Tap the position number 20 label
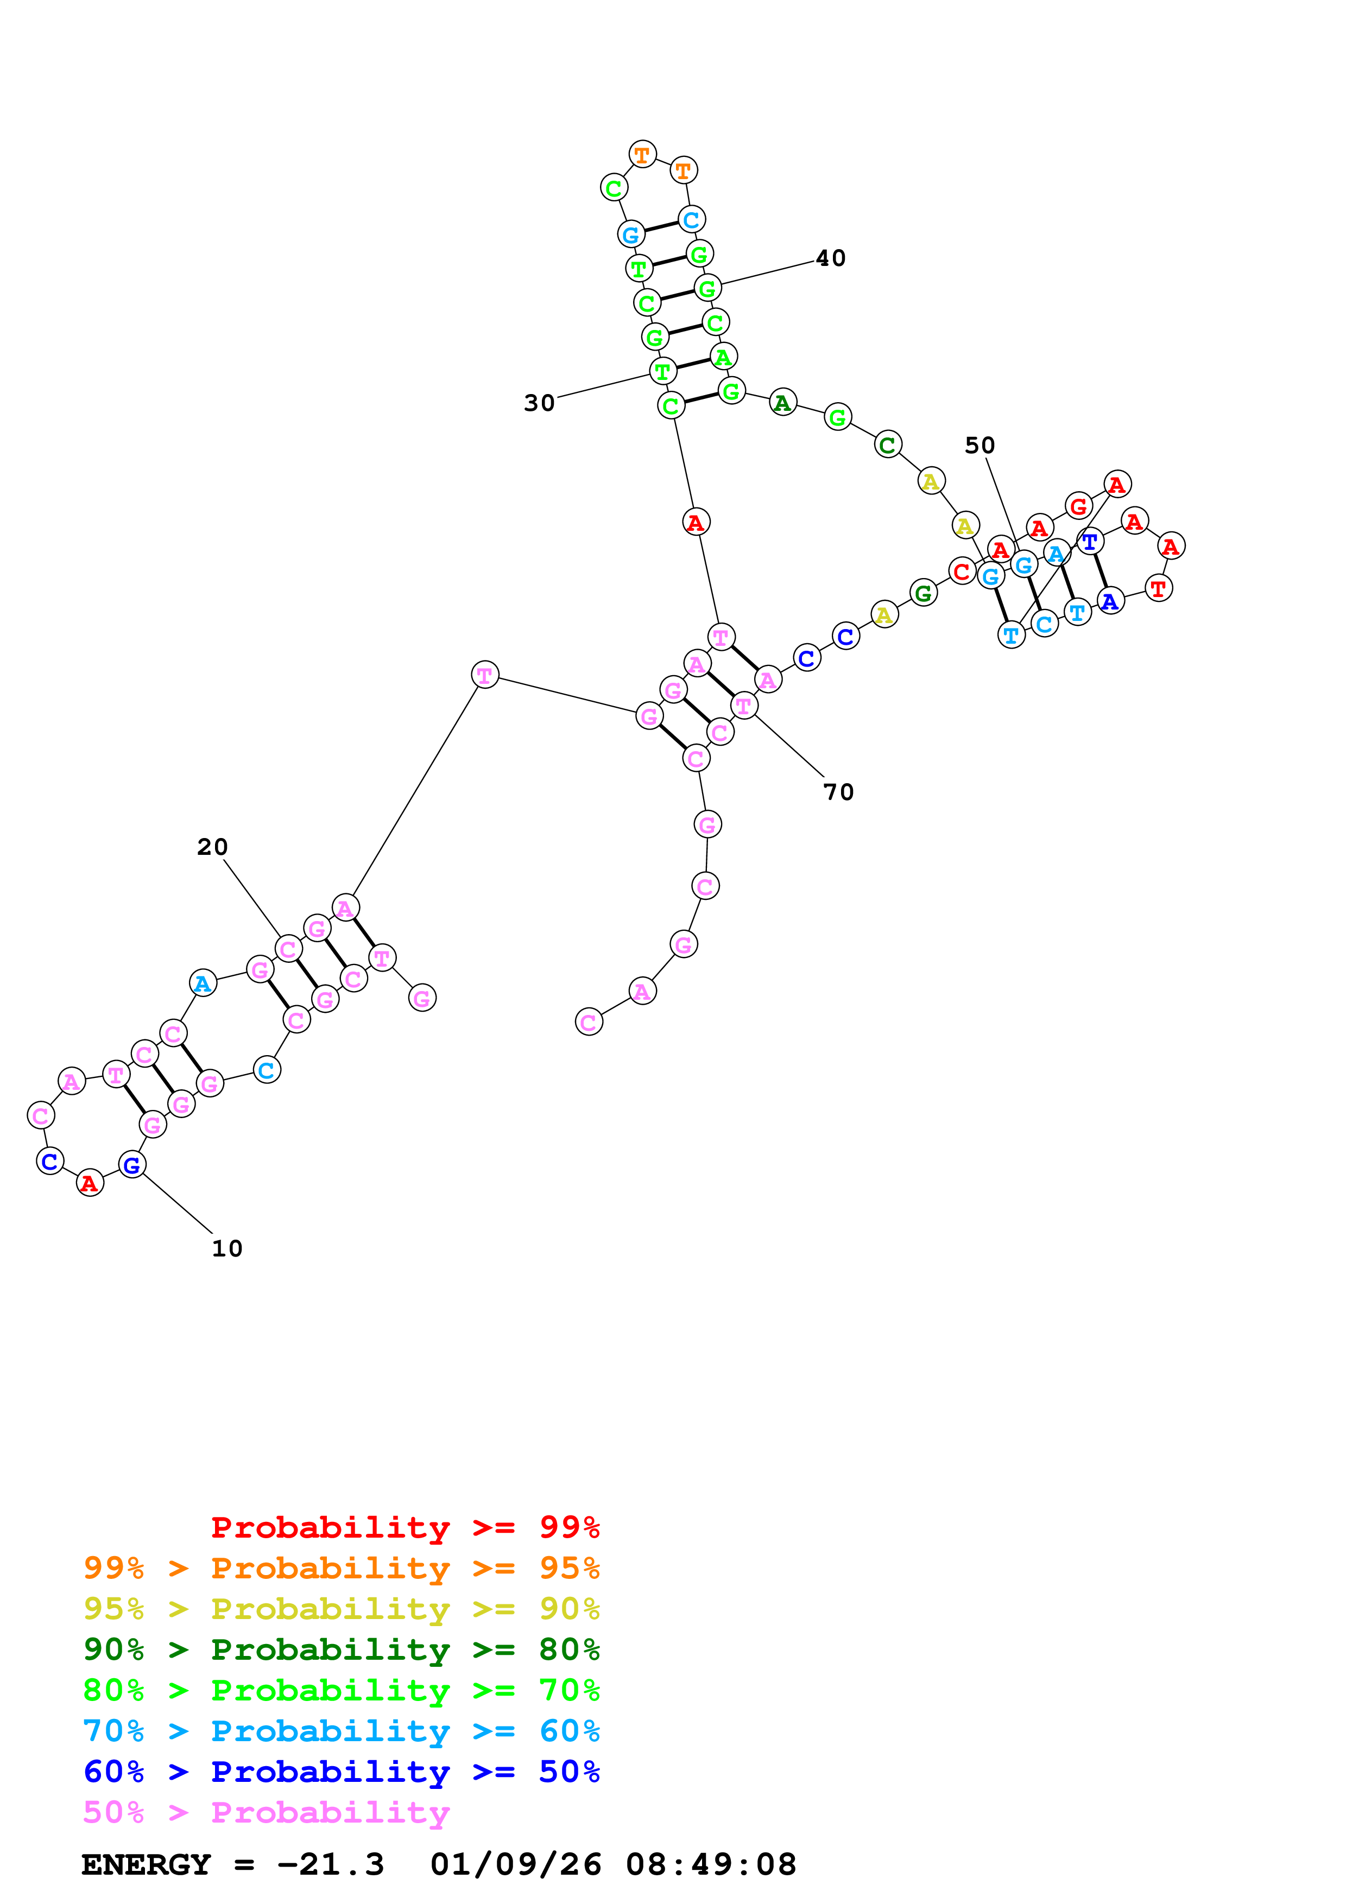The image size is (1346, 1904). pos(212,847)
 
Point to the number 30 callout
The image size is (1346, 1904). pos(539,403)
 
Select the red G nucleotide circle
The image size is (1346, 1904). pos(1078,506)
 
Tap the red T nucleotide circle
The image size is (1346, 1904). pos(1159,589)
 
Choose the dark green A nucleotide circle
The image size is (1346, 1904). pos(782,403)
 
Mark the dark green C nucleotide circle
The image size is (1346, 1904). pos(887,445)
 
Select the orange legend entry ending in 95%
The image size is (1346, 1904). pos(342,1567)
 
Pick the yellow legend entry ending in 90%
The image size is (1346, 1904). pos(342,1608)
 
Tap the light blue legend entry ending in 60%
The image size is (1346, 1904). pos(342,1731)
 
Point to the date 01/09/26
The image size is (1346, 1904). pos(516,1864)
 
